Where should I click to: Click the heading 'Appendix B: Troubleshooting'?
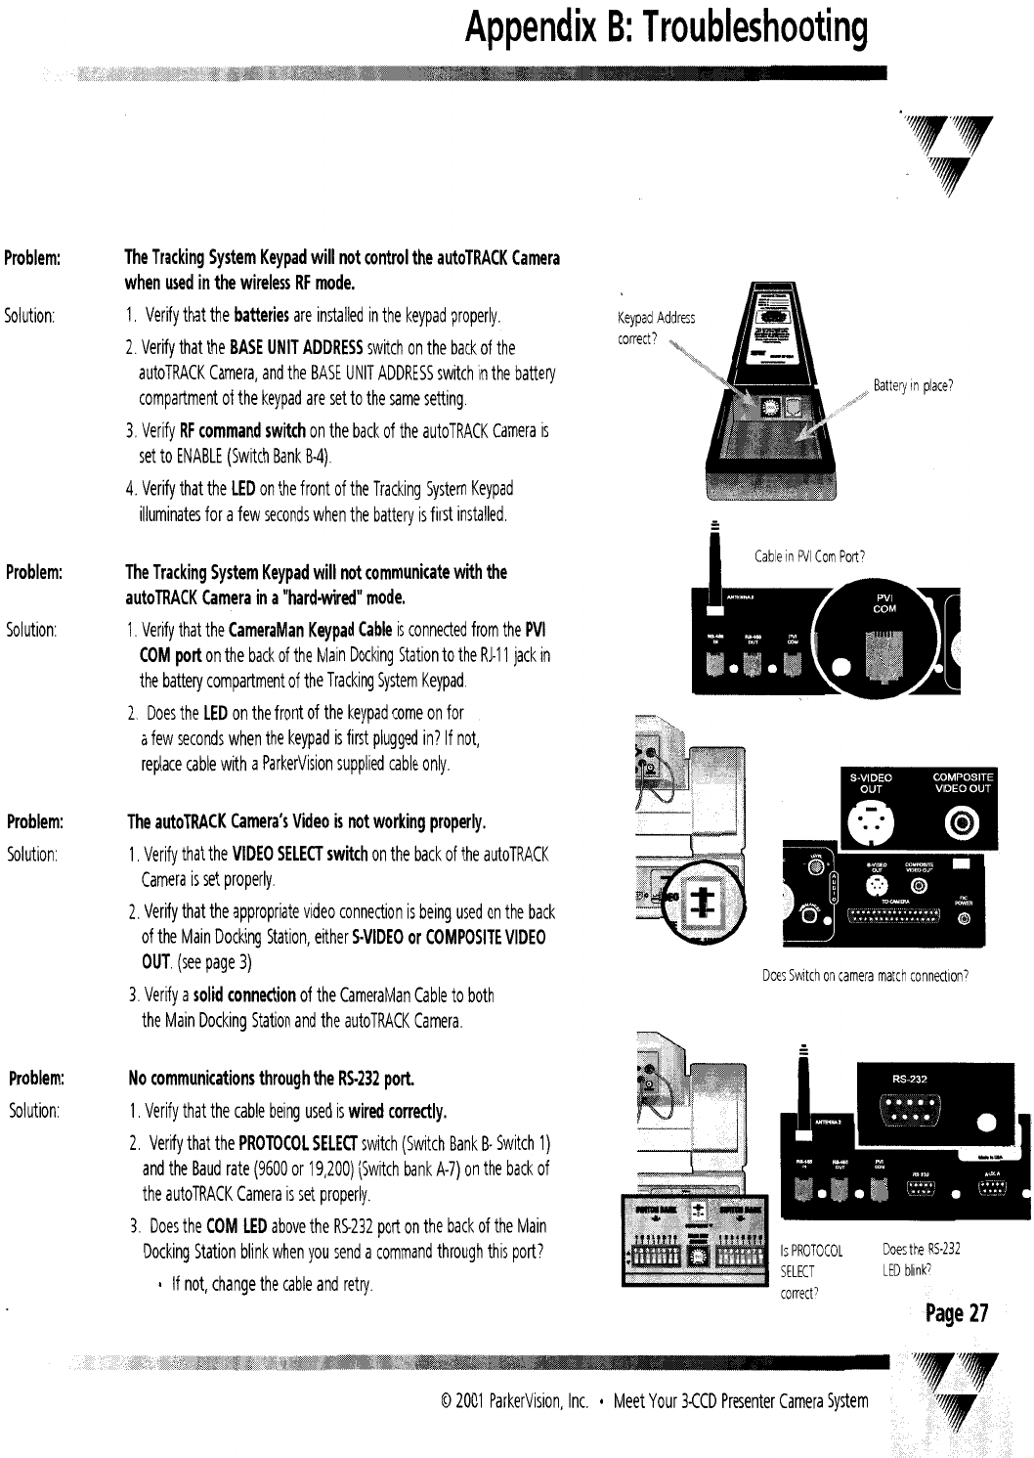[x=666, y=29]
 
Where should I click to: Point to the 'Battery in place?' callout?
[x=913, y=385]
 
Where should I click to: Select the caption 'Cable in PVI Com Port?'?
[x=810, y=557]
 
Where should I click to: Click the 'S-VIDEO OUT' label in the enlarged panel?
[x=870, y=783]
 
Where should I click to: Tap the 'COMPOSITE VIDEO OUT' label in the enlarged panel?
[x=962, y=782]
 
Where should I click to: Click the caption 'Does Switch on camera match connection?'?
[x=865, y=976]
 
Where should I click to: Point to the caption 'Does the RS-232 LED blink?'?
[x=921, y=1259]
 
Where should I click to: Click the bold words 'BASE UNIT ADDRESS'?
[x=297, y=348]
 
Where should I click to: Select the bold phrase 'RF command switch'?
[x=243, y=431]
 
